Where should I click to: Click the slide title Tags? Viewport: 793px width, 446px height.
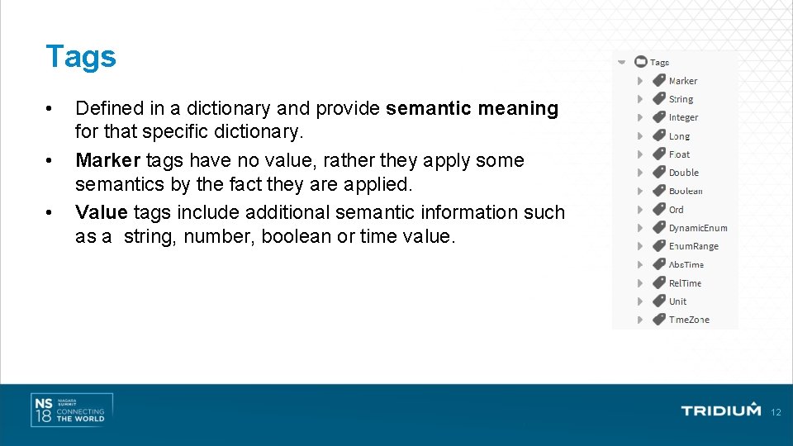coord(81,56)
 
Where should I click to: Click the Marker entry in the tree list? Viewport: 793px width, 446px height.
coord(682,81)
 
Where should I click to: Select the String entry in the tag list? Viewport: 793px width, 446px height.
coord(681,99)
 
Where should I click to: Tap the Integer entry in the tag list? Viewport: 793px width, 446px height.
coord(683,117)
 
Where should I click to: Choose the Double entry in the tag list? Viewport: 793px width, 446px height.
coord(683,173)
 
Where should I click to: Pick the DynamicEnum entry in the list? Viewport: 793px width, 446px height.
coord(698,228)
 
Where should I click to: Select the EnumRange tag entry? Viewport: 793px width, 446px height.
coord(693,246)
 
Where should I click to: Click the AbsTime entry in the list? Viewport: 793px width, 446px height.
coord(686,264)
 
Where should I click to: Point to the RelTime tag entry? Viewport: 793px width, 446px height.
coord(685,283)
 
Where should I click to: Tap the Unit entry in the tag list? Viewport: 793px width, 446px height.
coord(677,301)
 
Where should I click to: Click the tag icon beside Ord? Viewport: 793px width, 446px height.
coord(658,210)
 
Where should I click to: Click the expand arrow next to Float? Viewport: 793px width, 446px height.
coord(640,154)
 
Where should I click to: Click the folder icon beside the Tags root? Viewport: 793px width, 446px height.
coord(640,62)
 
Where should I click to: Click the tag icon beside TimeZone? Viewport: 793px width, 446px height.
coord(658,320)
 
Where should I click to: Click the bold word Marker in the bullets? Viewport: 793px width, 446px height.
coord(107,160)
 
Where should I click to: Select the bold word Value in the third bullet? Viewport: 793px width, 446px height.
coord(101,212)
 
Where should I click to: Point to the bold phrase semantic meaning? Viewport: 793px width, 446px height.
coord(472,108)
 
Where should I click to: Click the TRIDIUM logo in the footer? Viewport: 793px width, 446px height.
coord(720,410)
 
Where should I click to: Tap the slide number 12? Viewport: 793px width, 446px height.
coord(775,412)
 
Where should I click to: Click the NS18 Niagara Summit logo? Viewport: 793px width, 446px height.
coord(71,410)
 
